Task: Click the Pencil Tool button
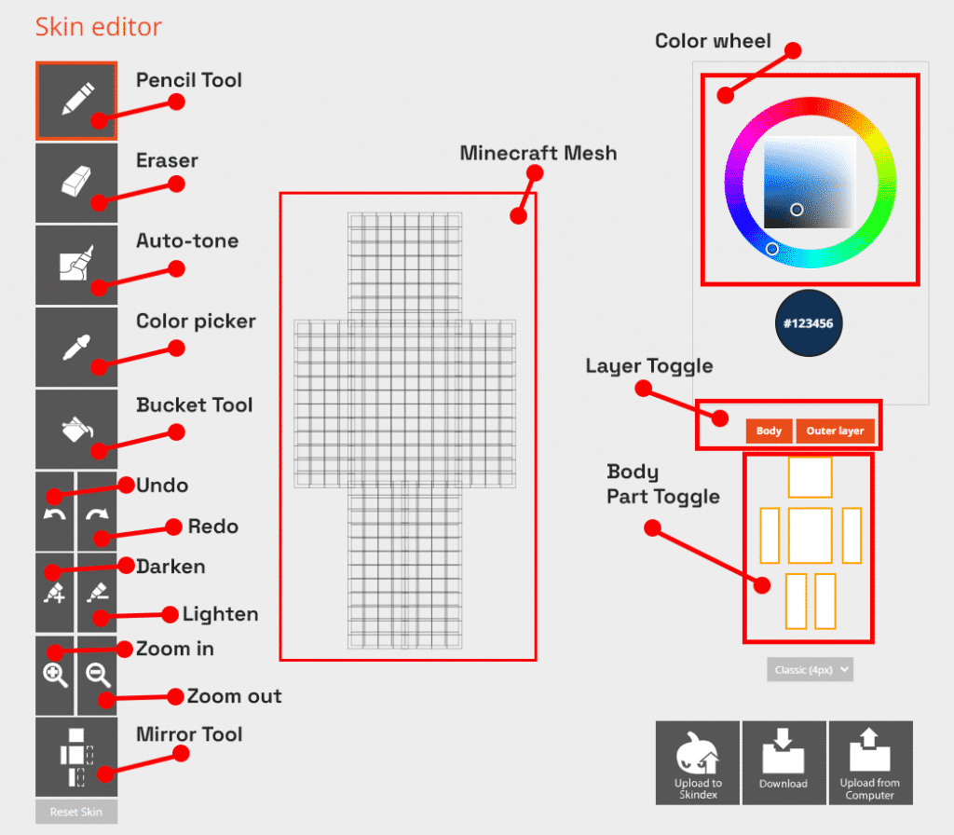click(76, 101)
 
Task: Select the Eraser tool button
click(76, 183)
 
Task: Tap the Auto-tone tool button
click(76, 265)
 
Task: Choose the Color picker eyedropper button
click(76, 347)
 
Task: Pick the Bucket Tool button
click(76, 429)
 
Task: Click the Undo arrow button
click(55, 512)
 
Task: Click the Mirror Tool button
click(76, 757)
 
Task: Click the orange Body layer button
click(769, 431)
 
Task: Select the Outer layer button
click(835, 431)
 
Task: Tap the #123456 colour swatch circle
click(808, 323)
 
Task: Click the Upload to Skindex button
click(698, 762)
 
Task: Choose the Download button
click(784, 762)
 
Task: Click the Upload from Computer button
click(870, 762)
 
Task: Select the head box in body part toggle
click(810, 476)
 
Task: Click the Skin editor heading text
click(99, 26)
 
